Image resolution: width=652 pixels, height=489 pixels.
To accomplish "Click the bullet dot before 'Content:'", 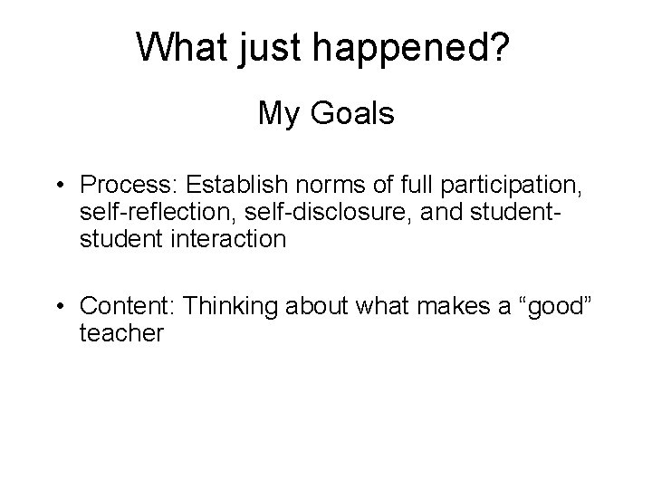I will pos(57,308).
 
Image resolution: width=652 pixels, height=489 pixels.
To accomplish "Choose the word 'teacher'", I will pos(121,334).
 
